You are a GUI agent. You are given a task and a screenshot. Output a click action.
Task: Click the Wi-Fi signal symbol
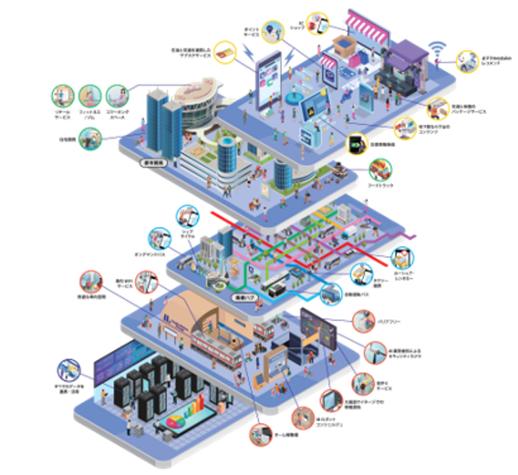tap(438, 49)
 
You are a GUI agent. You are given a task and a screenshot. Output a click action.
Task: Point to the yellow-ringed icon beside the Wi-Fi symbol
tap(467, 61)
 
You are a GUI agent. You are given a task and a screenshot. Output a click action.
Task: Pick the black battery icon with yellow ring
tap(357, 144)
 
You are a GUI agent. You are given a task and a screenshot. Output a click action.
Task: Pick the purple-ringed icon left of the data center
tap(69, 370)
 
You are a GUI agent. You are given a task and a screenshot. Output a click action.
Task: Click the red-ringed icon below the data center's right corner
tap(260, 434)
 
